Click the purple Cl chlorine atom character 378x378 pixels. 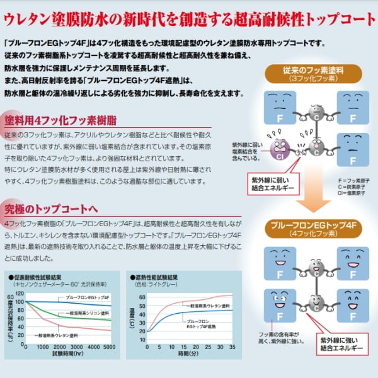(279, 151)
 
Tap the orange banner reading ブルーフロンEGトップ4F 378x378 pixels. (309, 228)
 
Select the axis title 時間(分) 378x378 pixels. (189, 355)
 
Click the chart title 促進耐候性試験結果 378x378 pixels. (38, 277)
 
